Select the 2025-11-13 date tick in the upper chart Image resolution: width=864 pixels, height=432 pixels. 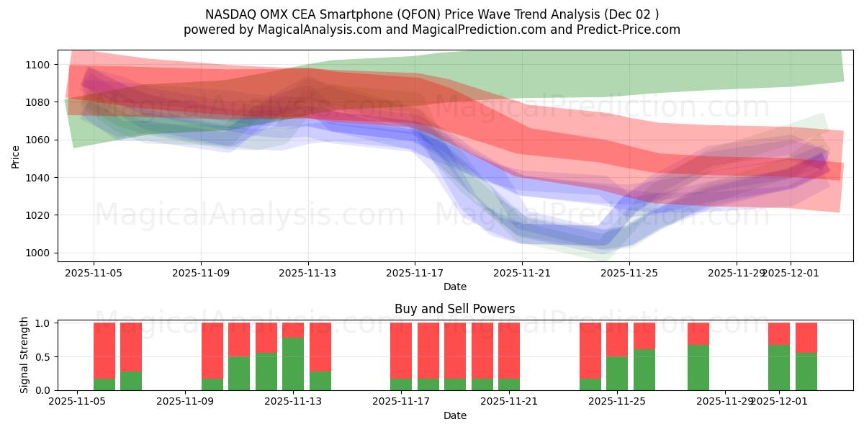(308, 273)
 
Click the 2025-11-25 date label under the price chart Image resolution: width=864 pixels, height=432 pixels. (630, 273)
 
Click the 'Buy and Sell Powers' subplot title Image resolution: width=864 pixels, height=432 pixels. (454, 309)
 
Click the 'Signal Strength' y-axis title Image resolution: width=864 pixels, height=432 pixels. (24, 355)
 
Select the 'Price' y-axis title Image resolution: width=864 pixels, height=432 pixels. (16, 156)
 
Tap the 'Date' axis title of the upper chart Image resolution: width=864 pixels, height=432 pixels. (454, 287)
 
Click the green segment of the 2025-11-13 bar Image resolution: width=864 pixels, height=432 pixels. (293, 364)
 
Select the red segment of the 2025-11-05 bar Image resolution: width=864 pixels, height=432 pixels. (104, 349)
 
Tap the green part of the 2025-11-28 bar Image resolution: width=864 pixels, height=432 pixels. (698, 367)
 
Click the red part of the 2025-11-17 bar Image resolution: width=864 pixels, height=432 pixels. (401, 349)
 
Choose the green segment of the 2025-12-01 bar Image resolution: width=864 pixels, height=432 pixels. (779, 367)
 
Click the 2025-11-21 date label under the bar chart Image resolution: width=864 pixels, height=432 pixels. (509, 402)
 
